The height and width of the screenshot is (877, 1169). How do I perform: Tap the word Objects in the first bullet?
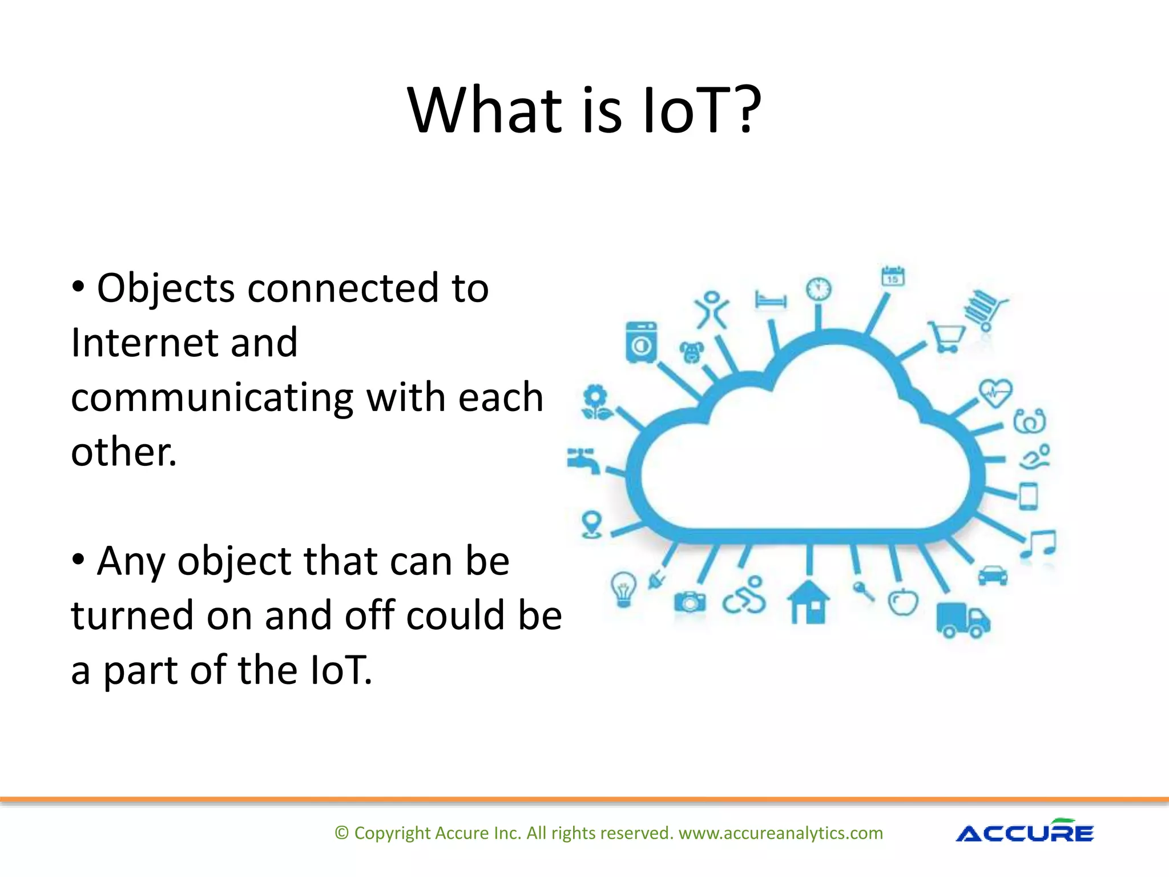click(166, 288)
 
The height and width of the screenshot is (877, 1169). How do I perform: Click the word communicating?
click(212, 398)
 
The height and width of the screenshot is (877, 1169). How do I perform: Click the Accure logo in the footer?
click(1024, 832)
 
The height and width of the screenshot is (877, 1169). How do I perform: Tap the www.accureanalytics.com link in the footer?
click(780, 833)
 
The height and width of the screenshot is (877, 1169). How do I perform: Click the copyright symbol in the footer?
click(341, 833)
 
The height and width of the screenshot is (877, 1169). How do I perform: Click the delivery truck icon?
click(962, 620)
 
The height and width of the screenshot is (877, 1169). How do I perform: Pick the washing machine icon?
click(641, 342)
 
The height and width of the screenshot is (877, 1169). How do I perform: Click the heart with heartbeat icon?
click(995, 393)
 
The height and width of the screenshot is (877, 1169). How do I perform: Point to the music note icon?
click(1039, 544)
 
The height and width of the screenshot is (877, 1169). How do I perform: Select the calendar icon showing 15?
click(893, 276)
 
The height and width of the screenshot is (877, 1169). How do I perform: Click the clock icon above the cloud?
click(819, 289)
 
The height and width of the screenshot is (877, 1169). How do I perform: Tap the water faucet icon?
click(583, 460)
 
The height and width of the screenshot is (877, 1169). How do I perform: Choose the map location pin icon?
click(591, 524)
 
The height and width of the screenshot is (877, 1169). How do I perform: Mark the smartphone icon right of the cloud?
click(1028, 496)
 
